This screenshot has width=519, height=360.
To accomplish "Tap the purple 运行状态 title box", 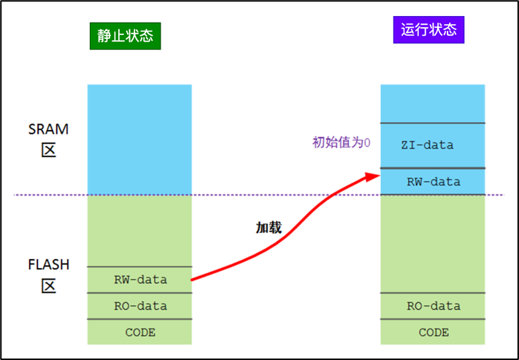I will (x=428, y=30).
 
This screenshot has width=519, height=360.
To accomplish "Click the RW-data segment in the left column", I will (x=140, y=280).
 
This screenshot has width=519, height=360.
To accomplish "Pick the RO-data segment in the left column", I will (x=140, y=306).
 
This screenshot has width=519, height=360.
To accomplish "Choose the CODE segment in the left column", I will (x=140, y=332).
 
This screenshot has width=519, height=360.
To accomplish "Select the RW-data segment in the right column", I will (x=434, y=181).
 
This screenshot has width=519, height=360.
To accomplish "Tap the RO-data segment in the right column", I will (x=434, y=306).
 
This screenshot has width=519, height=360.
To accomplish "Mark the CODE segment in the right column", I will (x=434, y=332).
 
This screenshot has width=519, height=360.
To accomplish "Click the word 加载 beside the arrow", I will (x=268, y=228).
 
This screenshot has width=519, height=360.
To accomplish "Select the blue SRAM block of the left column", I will (x=139, y=139).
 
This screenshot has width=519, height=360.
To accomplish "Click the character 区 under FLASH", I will (x=48, y=284).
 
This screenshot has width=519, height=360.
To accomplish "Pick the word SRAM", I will (x=48, y=129).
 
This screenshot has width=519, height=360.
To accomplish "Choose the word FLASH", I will (x=48, y=263).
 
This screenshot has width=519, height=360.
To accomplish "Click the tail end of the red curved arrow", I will (x=193, y=279).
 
